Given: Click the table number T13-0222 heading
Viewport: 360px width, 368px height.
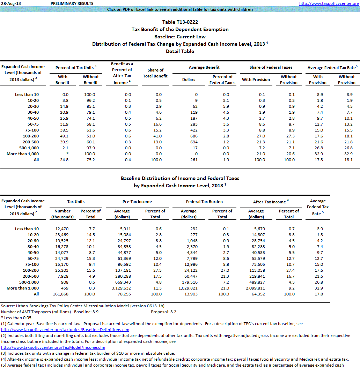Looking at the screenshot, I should (x=180, y=22).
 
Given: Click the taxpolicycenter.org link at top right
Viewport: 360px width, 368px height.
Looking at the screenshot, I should (x=329, y=3).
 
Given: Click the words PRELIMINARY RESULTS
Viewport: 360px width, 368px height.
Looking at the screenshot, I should (x=72, y=3).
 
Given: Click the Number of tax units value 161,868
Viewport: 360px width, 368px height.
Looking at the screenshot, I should (x=63, y=294).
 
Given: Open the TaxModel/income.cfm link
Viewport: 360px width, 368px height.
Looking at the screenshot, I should (x=53, y=347).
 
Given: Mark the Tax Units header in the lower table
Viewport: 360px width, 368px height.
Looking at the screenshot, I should (x=76, y=202).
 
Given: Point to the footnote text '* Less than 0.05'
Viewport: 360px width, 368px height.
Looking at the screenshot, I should (x=16, y=317).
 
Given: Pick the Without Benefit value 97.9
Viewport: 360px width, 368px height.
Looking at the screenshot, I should (x=91, y=148).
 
